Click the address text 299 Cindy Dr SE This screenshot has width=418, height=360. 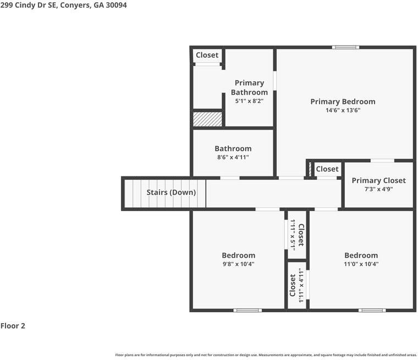coord(28,5)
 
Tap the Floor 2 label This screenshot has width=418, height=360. coord(13,325)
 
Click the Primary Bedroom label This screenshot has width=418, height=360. coord(343,102)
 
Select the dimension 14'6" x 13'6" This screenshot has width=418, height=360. coord(343,110)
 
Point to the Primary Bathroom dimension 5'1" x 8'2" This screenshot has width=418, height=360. coord(249,101)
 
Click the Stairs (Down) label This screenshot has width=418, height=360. coord(171,192)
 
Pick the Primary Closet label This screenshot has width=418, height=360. coord(379,181)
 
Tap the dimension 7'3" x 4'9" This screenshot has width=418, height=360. coord(379,189)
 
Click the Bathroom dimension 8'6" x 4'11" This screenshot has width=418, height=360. coord(233,157)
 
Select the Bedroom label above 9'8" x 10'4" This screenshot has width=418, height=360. coord(239,255)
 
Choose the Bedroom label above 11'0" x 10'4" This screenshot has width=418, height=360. coord(361,255)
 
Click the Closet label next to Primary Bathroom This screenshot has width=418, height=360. coord(207,55)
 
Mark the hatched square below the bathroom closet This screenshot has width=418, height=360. coord(207,119)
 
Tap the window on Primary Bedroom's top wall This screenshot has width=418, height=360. coord(345,47)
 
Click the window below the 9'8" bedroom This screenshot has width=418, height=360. coord(248,310)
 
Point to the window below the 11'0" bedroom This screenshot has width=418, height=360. coord(372,310)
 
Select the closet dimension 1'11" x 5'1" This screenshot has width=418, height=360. coord(293,235)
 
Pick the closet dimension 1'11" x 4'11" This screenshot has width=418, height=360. coord(301,285)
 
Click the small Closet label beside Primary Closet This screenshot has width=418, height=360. coord(327,169)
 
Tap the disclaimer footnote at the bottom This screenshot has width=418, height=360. coord(266,355)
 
